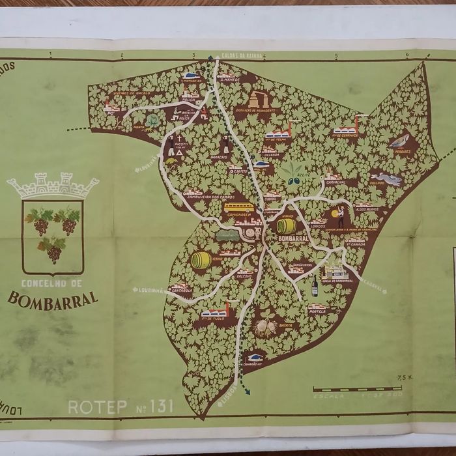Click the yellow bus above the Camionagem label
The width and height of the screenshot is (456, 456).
pos(239,207)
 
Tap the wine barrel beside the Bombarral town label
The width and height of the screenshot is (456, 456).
pos(287,226)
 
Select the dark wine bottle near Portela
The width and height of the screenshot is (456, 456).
pos(315,285)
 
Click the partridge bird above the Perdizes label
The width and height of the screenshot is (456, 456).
pos(399,141)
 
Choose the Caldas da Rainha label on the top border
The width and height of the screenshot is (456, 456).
pos(242,56)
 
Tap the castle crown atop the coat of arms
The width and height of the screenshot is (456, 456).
pos(53,186)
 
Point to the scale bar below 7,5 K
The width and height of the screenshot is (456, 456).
pos(357,389)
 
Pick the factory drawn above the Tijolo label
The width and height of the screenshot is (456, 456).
pos(215,311)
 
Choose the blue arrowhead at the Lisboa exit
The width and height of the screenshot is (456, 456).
pos(248,392)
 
